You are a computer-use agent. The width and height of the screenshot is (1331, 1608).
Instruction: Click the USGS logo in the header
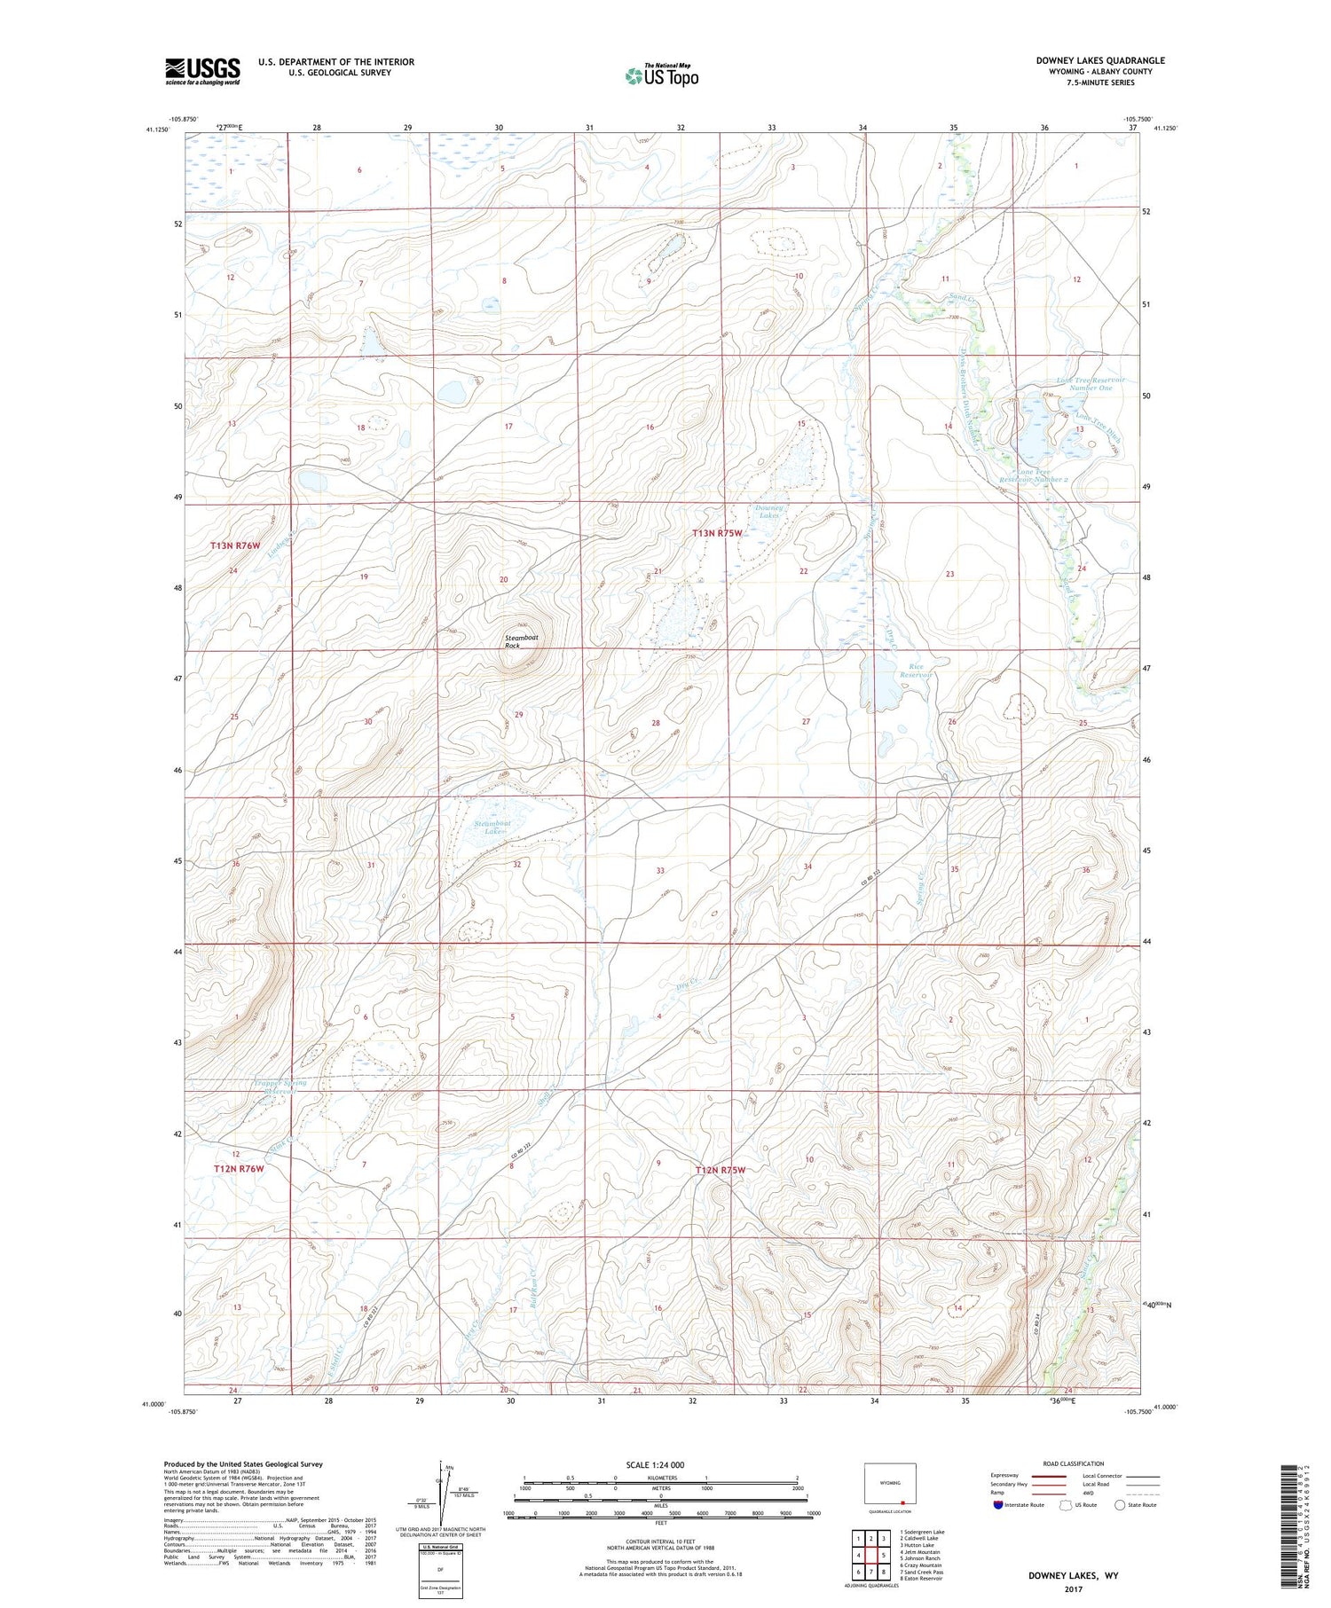click(202, 71)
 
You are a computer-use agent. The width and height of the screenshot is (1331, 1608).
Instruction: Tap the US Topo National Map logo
click(661, 75)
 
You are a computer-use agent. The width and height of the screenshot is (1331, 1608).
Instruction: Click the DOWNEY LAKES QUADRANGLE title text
click(1100, 60)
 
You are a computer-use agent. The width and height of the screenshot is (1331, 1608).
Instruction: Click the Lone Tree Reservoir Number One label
click(1091, 383)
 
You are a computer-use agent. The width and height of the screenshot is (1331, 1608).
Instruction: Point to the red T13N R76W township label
click(235, 545)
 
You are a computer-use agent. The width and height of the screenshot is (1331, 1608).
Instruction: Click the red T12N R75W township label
click(720, 1170)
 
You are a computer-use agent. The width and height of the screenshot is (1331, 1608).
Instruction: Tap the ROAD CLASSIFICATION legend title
click(1073, 1463)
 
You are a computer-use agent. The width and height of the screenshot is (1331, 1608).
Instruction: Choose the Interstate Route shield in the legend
click(998, 1504)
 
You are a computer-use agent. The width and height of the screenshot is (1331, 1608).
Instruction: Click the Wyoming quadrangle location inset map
click(890, 1483)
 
